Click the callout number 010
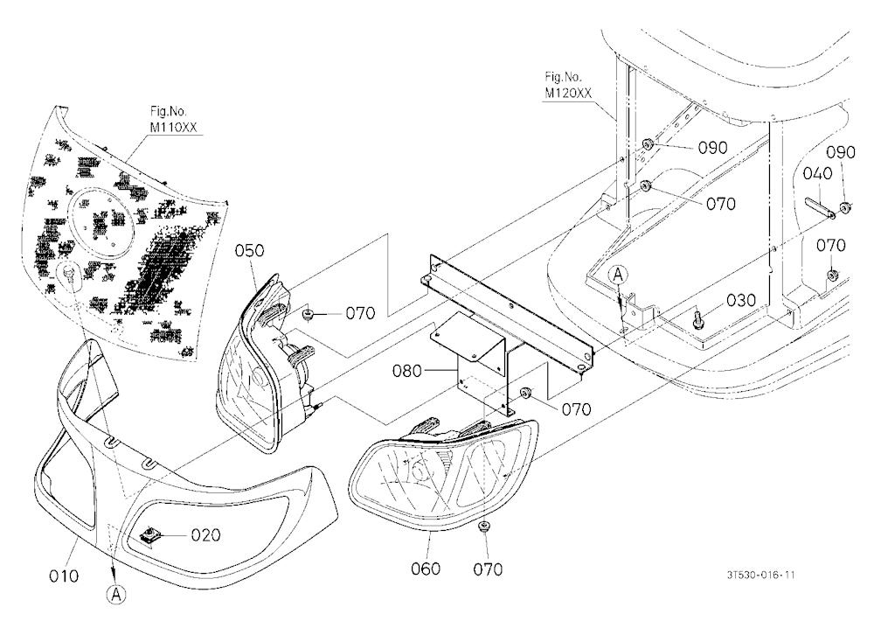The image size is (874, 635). (x=64, y=576)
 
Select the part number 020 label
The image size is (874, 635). (x=205, y=535)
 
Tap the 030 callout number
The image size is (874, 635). (x=741, y=300)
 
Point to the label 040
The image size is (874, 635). (x=818, y=173)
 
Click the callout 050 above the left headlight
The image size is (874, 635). (x=249, y=250)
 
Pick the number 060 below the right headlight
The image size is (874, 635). (x=426, y=569)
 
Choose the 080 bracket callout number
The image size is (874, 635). (x=407, y=371)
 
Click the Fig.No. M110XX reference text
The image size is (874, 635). (x=173, y=120)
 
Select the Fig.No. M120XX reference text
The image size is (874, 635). (x=568, y=85)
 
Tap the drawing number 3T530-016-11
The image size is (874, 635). (x=761, y=575)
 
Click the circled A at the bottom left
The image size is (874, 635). (x=116, y=594)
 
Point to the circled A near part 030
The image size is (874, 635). (x=618, y=275)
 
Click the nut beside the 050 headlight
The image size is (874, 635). (x=307, y=316)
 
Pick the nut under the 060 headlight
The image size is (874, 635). (x=484, y=527)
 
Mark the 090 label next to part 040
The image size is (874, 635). (x=841, y=152)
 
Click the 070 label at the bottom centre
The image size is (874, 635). (x=488, y=569)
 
